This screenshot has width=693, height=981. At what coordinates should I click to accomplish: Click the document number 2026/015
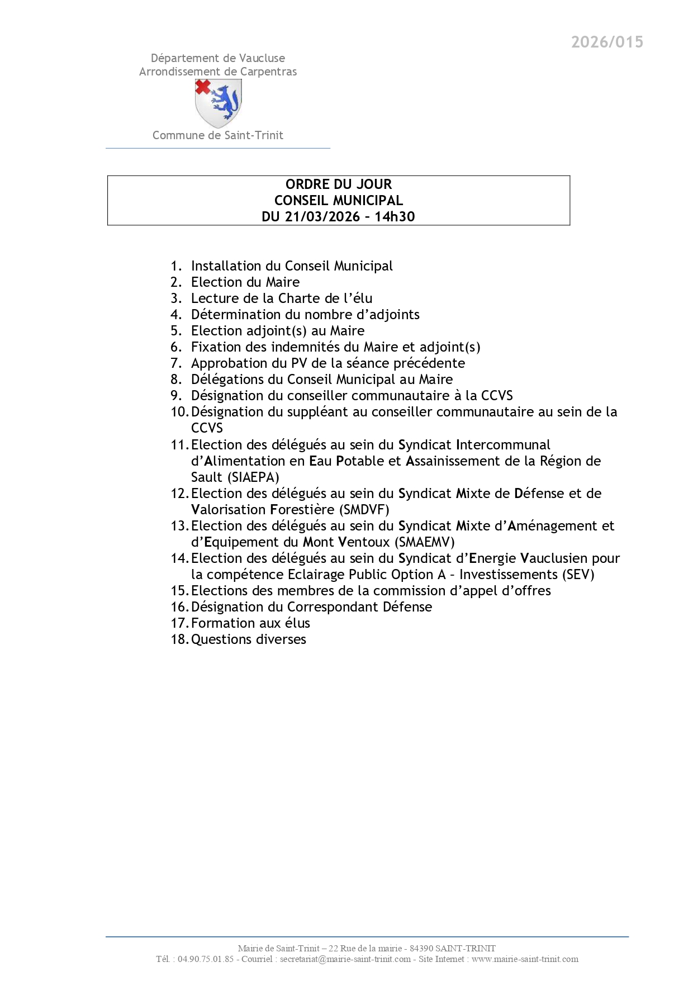[607, 42]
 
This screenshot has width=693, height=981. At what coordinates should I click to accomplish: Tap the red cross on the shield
[203, 86]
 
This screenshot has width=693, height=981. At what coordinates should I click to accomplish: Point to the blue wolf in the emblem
[225, 102]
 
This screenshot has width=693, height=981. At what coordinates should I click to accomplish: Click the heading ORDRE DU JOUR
[339, 184]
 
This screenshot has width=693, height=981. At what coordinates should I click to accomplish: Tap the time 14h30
[395, 216]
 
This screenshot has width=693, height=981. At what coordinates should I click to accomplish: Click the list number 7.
[176, 363]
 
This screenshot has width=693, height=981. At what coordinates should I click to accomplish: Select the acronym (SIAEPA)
[253, 477]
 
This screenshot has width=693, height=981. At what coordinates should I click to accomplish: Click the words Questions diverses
[249, 639]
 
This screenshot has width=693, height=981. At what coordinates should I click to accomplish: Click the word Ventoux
[364, 542]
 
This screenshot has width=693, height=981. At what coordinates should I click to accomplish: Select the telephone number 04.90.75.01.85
[206, 959]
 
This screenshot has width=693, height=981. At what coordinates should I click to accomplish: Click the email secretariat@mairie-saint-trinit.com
[345, 959]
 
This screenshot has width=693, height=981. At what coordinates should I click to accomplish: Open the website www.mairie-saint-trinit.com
[525, 959]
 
